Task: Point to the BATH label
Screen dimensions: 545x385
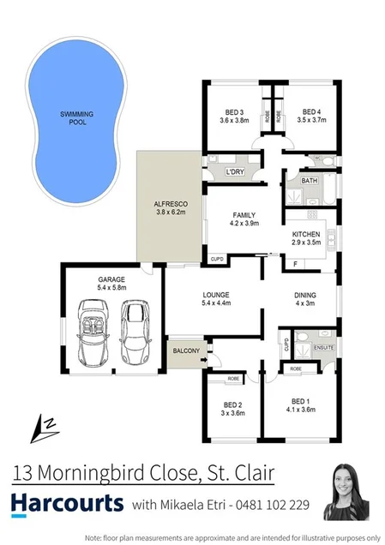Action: [310, 181]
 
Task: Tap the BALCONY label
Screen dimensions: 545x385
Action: [186, 350]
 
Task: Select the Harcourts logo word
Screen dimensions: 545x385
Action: [68, 503]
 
